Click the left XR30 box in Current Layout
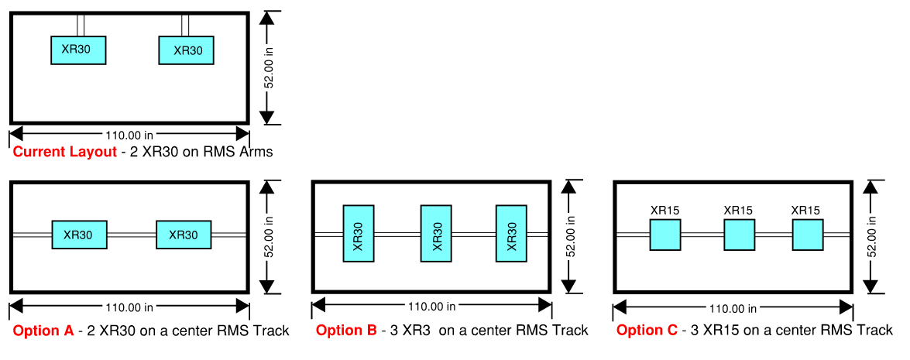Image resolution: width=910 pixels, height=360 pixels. pyautogui.click(x=77, y=50)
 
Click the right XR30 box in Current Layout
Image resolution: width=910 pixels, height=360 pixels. pyautogui.click(x=186, y=50)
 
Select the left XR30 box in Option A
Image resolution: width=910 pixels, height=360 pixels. pyautogui.click(x=79, y=235)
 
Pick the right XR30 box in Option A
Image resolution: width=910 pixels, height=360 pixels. pyautogui.click(x=184, y=235)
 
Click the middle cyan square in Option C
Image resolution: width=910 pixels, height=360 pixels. pyautogui.click(x=739, y=235)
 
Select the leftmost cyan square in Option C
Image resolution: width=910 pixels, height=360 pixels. pyautogui.click(x=665, y=235)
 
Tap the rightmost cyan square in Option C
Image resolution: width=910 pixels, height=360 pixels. pyautogui.click(x=808, y=235)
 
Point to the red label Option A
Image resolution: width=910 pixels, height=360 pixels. pyautogui.click(x=43, y=331)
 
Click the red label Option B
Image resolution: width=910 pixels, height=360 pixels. pyautogui.click(x=346, y=331)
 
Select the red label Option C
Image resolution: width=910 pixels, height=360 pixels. pyautogui.click(x=647, y=331)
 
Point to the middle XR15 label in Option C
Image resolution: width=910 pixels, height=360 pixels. pyautogui.click(x=738, y=210)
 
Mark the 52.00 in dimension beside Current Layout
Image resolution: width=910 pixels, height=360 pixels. pyautogui.click(x=270, y=67)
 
